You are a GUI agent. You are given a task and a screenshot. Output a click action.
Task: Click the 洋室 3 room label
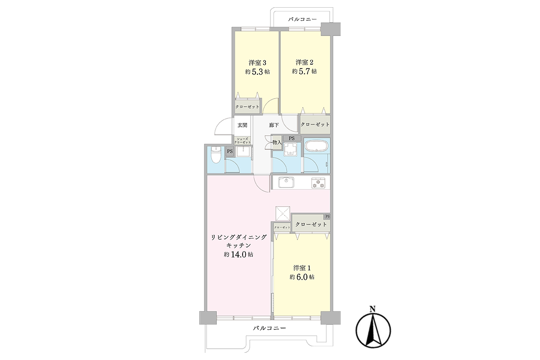(257, 63)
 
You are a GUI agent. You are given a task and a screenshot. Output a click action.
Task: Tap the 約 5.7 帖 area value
(304, 72)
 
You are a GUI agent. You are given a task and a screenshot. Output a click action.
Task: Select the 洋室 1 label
(302, 268)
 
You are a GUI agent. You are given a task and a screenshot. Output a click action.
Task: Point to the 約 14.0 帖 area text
(238, 255)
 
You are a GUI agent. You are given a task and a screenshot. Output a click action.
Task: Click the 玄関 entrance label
(242, 125)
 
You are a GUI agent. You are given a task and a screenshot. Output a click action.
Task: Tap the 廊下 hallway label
(274, 125)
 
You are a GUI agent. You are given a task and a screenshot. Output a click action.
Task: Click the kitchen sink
(286, 182)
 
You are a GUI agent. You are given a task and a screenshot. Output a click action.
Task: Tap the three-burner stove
(318, 183)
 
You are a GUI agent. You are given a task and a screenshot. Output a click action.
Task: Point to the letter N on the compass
(373, 308)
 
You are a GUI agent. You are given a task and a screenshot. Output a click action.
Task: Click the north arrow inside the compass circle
(373, 330)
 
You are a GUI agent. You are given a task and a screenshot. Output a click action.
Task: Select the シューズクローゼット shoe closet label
(242, 140)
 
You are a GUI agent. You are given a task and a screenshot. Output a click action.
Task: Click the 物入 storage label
(277, 142)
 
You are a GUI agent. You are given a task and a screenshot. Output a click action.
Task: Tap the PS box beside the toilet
(230, 152)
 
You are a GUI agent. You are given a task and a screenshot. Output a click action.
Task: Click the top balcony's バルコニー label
(302, 19)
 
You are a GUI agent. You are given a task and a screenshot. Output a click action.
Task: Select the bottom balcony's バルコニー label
(270, 328)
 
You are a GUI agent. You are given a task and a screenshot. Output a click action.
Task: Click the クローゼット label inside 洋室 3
(247, 107)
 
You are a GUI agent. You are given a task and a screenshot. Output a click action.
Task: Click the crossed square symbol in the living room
(283, 213)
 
